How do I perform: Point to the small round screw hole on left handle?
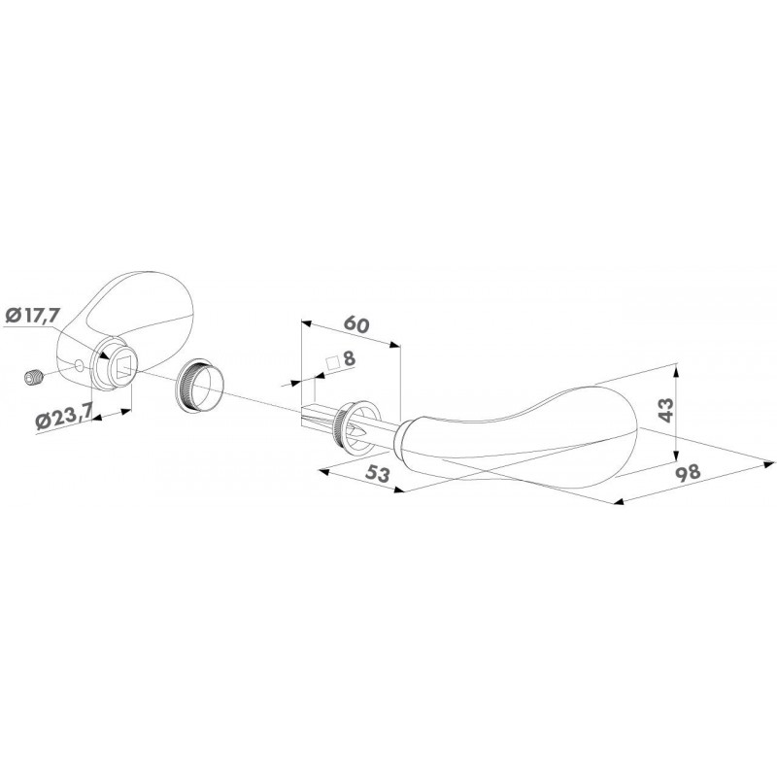[79, 366]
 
